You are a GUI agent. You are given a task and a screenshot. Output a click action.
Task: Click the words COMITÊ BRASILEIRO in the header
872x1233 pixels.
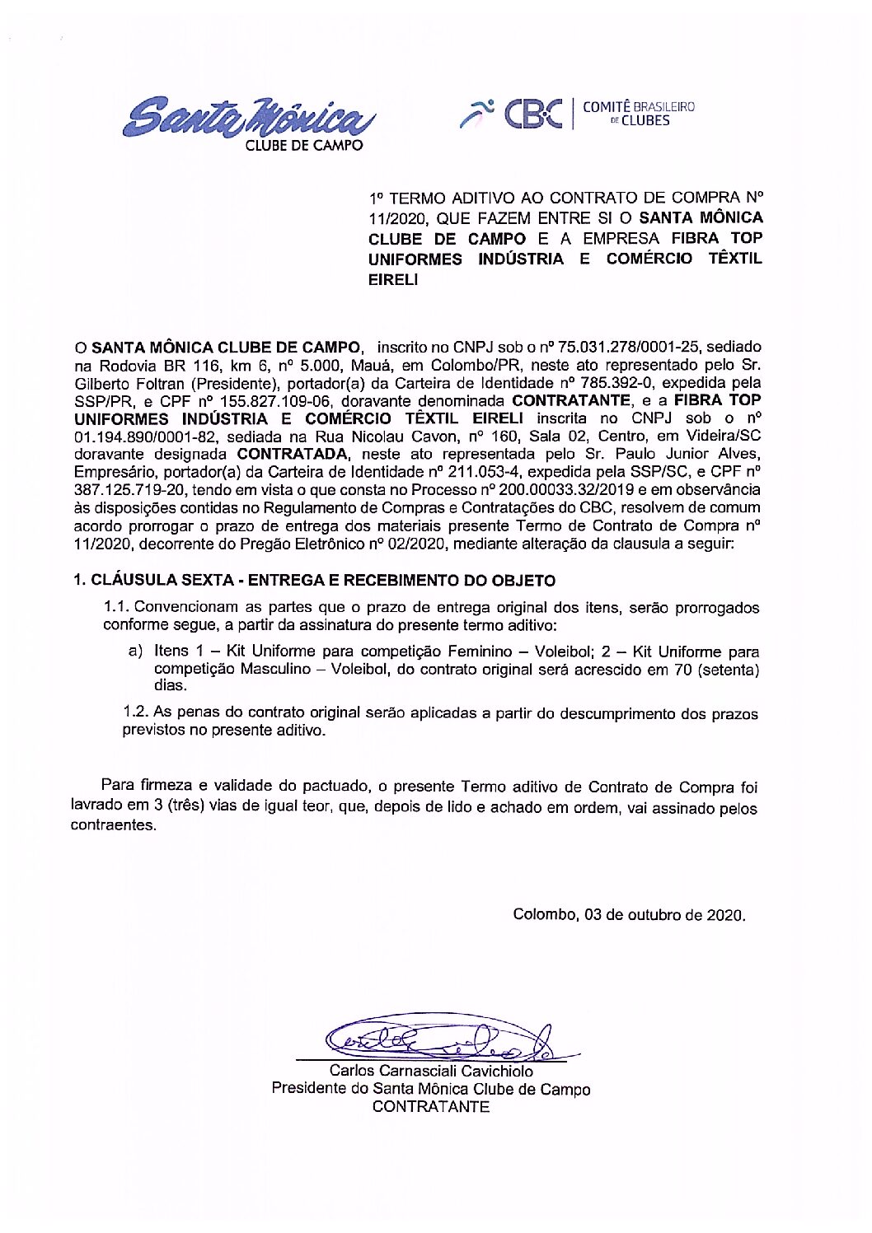pyautogui.click(x=639, y=107)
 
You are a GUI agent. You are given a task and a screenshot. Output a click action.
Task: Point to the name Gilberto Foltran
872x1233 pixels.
pyautogui.click(x=129, y=383)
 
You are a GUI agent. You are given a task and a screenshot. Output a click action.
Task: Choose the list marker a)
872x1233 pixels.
pyautogui.click(x=135, y=652)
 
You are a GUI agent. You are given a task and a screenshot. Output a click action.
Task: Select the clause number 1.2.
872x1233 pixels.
pyautogui.click(x=135, y=712)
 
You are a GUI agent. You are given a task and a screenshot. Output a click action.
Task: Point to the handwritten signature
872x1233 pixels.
pyautogui.click(x=437, y=1039)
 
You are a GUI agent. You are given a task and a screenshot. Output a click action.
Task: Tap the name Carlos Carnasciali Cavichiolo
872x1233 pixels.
pyautogui.click(x=431, y=1072)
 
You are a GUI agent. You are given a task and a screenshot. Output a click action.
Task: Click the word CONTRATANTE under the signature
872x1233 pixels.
pyautogui.click(x=431, y=1107)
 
